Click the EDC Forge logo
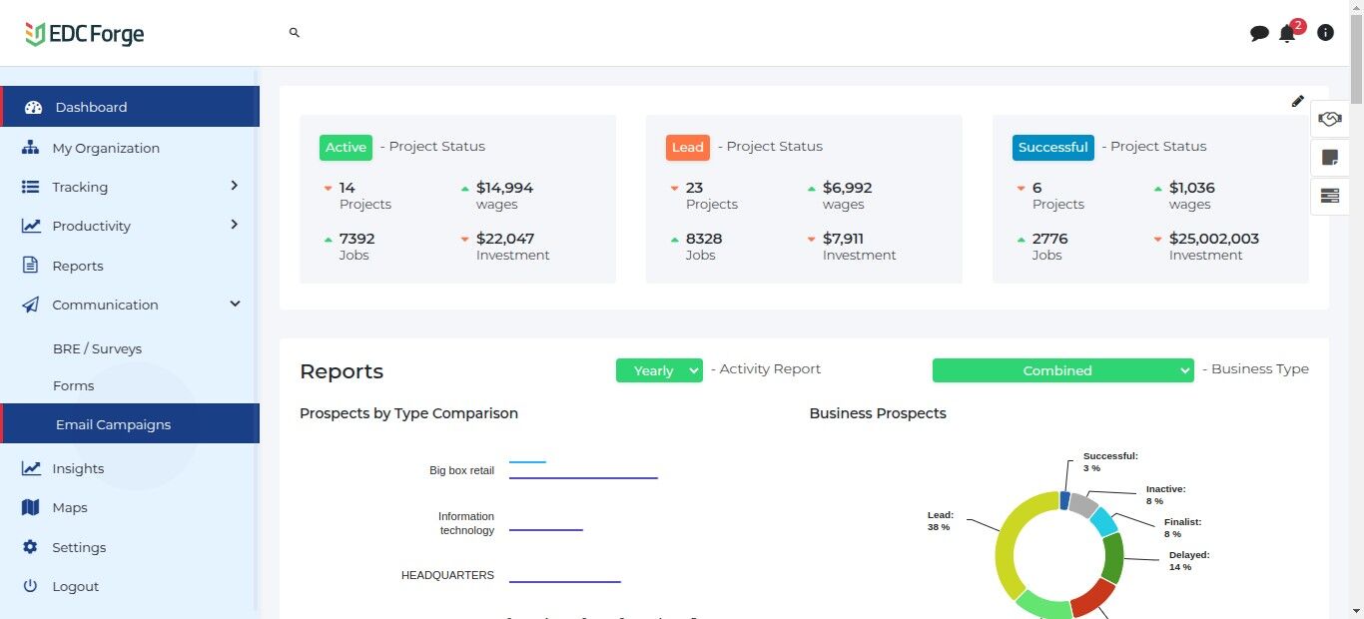(85, 34)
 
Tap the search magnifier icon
(295, 33)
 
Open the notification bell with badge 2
(1287, 33)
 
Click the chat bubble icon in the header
(1259, 33)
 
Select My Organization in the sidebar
(105, 148)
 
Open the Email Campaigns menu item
(113, 424)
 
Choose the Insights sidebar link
(78, 468)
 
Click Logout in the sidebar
(75, 586)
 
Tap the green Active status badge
(345, 147)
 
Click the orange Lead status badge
(687, 147)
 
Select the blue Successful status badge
(1052, 147)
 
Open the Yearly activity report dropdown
(659, 370)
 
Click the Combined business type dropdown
(1062, 370)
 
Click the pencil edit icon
(1297, 101)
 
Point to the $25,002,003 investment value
(1213, 239)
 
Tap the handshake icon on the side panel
(1329, 119)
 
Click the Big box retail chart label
(461, 470)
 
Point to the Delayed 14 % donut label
(1188, 560)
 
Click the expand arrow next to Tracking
(234, 186)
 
